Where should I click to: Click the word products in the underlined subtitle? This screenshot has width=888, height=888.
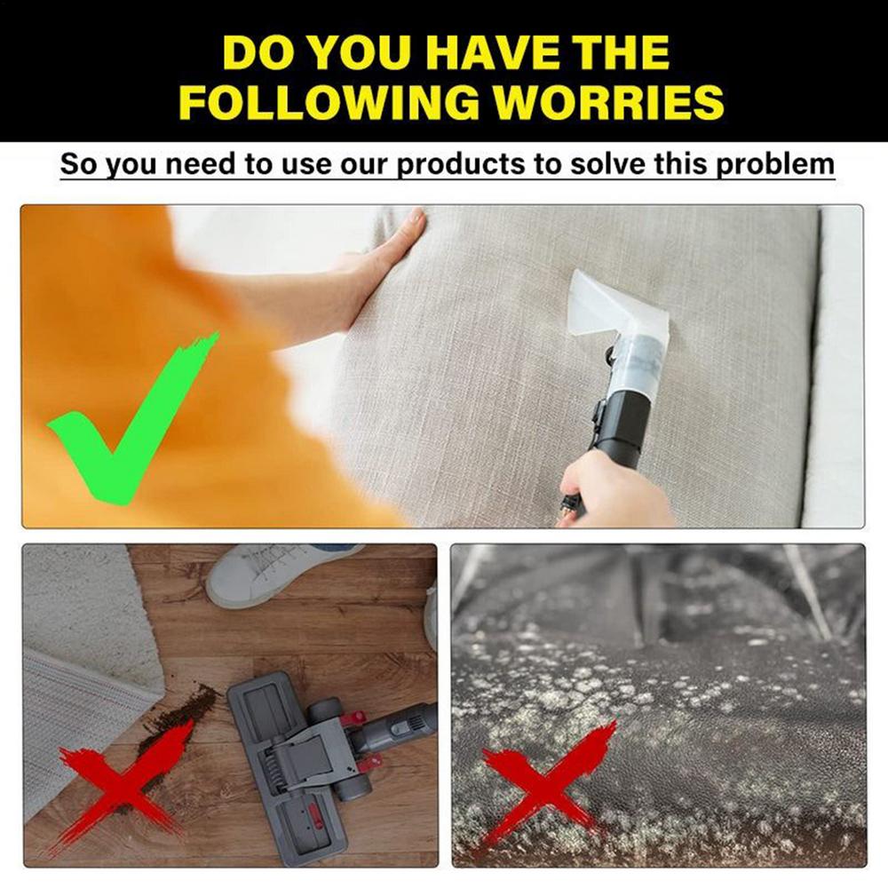pyautogui.click(x=463, y=165)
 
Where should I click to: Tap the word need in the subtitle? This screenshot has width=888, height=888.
pyautogui.click(x=195, y=165)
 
